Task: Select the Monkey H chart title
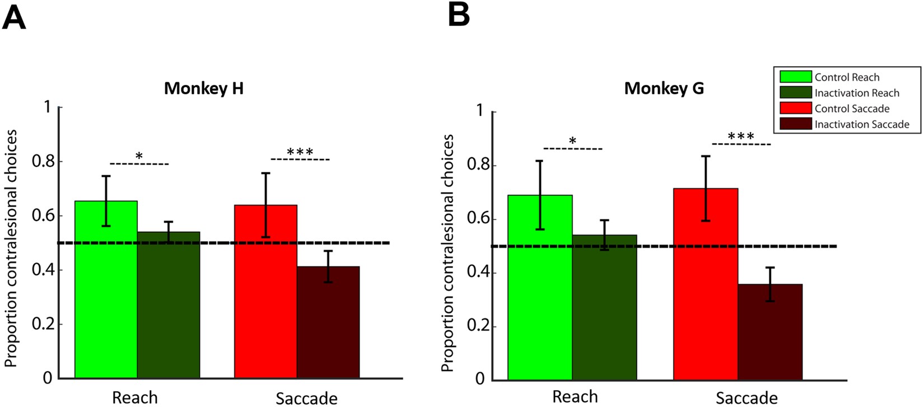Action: [x=203, y=88]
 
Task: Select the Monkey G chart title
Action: [x=664, y=88]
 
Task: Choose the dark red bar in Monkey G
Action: [x=770, y=333]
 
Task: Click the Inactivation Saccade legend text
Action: [x=861, y=124]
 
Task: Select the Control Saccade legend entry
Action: [x=851, y=109]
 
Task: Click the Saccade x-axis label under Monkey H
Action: [x=306, y=398]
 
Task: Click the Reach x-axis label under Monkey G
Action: [x=575, y=397]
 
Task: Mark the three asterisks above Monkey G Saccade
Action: [x=741, y=137]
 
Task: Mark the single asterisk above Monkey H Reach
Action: [x=139, y=156]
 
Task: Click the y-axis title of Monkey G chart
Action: [x=447, y=253]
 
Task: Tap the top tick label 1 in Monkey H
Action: [x=48, y=107]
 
